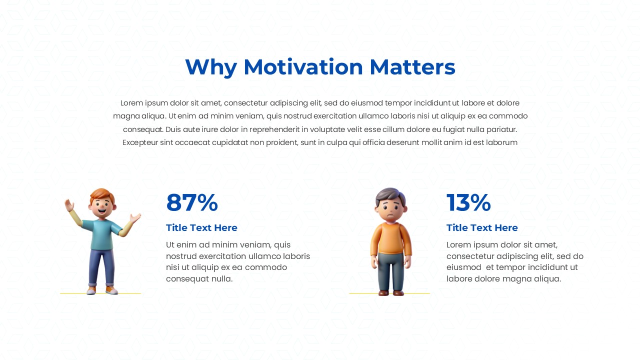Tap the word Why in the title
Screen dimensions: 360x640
pos(210,67)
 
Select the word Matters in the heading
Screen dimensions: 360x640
pos(412,67)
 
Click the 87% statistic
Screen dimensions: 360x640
pos(192,203)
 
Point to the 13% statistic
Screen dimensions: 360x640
pos(468,203)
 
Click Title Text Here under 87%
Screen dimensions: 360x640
pos(201,228)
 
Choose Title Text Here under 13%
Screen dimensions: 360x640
pos(482,228)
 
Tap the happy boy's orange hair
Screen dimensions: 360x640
pos(102,194)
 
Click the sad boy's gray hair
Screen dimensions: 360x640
pos(390,193)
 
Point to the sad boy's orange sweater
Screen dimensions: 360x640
pos(391,238)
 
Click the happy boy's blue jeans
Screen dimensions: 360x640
pos(102,267)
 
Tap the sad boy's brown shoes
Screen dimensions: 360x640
pos(390,292)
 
